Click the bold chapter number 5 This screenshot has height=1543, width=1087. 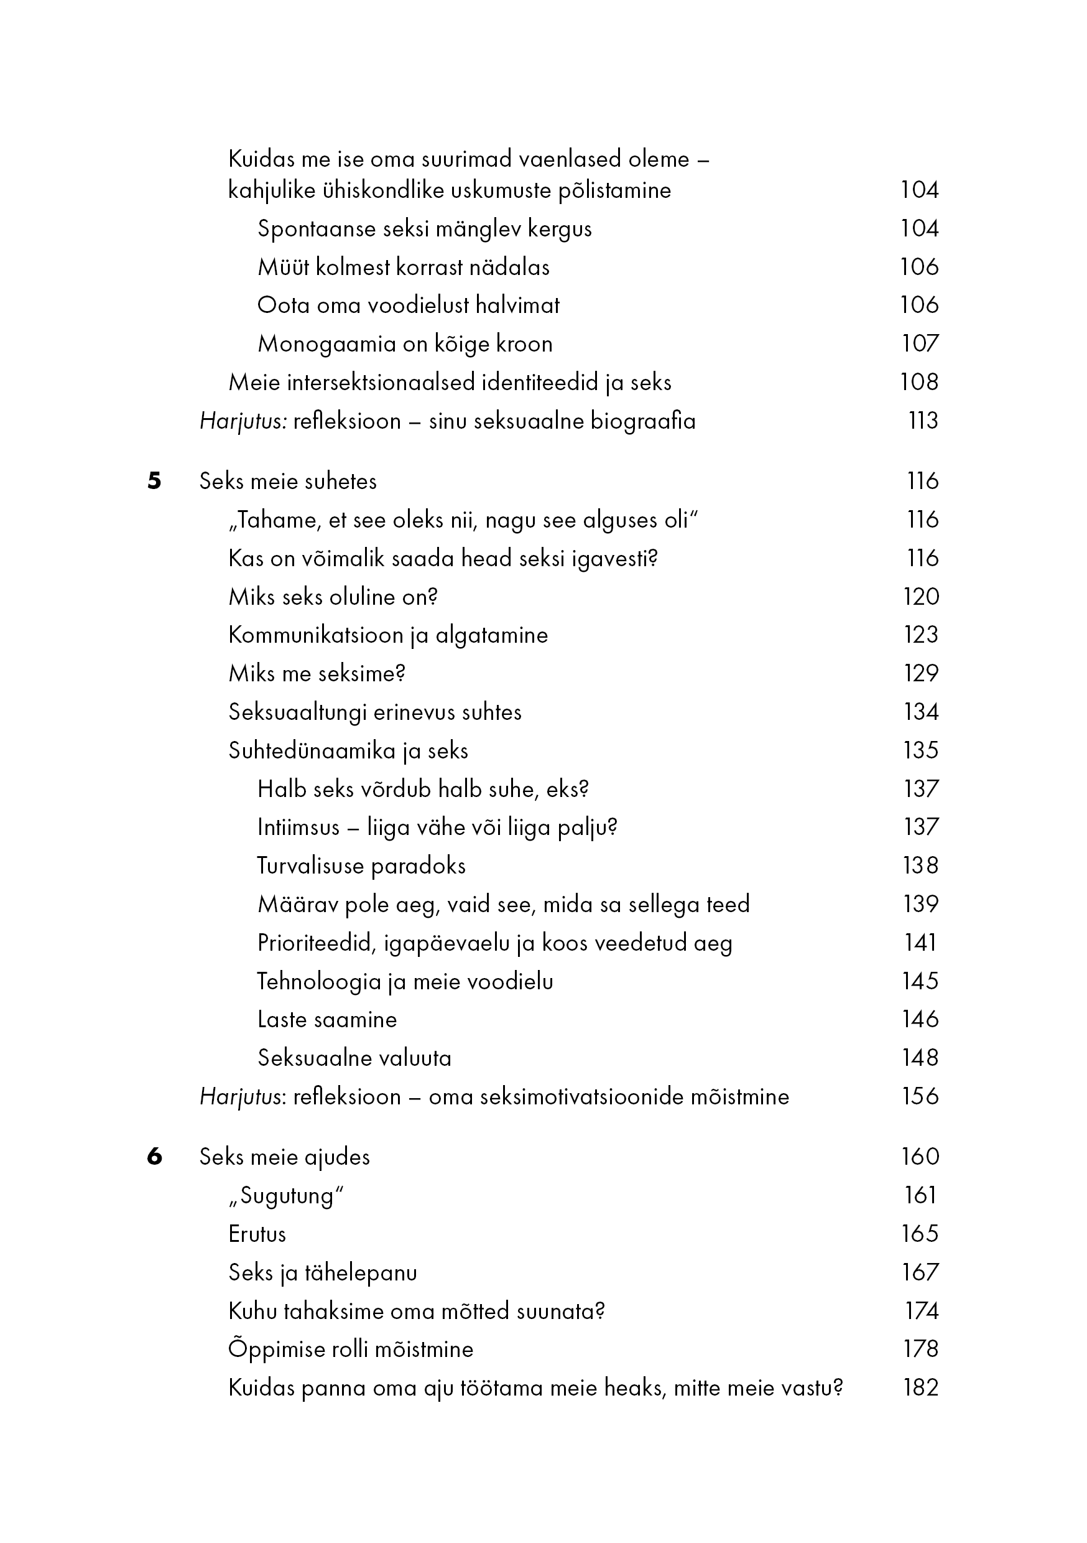154,481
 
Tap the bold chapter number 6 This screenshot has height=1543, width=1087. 154,1157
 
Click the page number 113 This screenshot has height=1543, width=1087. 922,421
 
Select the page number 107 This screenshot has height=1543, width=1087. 920,343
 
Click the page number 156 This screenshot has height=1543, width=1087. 920,1096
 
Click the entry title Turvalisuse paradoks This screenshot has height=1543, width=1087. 361,865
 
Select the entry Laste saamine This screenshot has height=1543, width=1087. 327,1020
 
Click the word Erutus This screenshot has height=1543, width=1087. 257,1234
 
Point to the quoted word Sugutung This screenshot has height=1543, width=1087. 287,1196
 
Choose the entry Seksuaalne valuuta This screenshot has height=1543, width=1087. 354,1058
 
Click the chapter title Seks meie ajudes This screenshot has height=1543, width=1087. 285,1157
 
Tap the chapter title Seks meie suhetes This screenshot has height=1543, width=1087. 288,481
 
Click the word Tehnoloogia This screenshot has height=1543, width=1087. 319,982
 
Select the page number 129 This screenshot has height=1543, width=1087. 920,673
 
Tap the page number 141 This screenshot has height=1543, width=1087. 920,943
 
